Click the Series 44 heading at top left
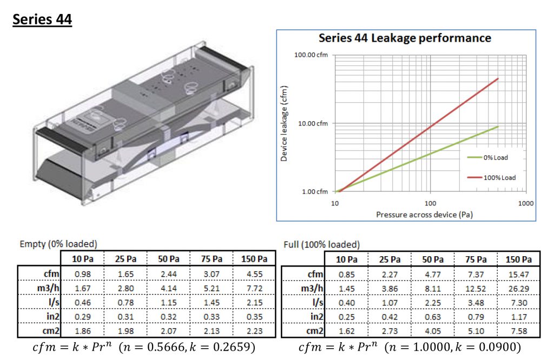point(42,19)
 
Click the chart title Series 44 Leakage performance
point(405,38)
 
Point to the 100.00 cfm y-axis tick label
point(311,55)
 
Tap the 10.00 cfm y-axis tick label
point(313,124)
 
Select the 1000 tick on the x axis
point(526,203)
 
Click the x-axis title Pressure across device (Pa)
point(424,215)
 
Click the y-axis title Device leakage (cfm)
point(284,124)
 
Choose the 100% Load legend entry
point(491,177)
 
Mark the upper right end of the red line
point(498,78)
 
